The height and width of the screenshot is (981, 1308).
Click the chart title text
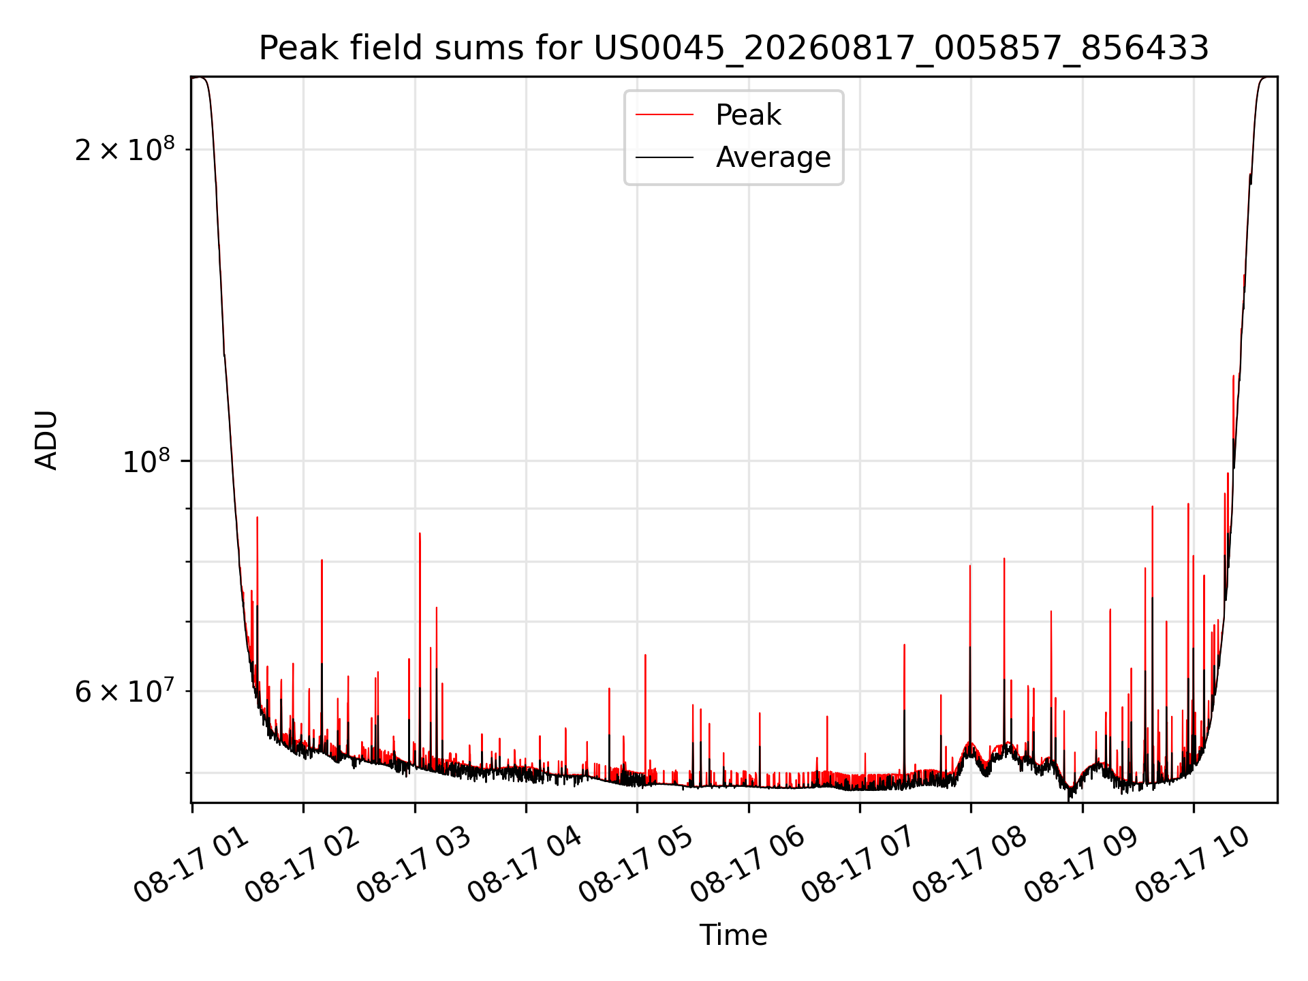pyautogui.click(x=734, y=48)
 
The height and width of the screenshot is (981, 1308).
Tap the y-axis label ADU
pyautogui.click(x=46, y=440)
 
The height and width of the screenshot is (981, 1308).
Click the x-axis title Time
pyautogui.click(x=734, y=935)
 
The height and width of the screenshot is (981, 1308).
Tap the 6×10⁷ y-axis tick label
pyautogui.click(x=125, y=691)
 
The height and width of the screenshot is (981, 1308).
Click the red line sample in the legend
pyautogui.click(x=665, y=115)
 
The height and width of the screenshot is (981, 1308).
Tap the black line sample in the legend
pyautogui.click(x=665, y=157)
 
